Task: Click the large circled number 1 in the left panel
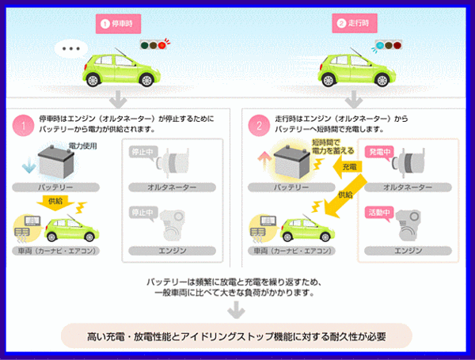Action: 24,125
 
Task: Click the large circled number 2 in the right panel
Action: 257,125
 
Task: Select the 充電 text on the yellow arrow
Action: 349,168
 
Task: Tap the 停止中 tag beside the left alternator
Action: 142,150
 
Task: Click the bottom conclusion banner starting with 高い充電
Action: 237,336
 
